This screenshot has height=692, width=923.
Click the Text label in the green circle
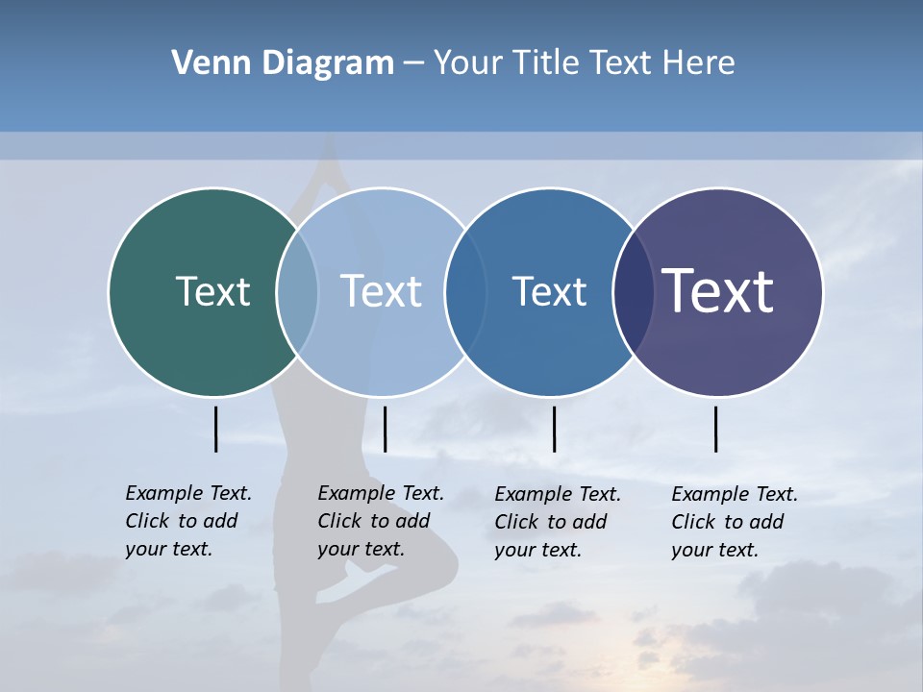[212, 291]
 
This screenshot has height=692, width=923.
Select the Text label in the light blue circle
[382, 291]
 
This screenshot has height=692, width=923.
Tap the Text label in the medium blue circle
[549, 291]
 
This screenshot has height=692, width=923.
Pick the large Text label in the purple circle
[718, 291]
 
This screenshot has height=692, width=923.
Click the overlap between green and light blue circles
[297, 291]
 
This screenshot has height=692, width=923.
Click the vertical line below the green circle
[215, 429]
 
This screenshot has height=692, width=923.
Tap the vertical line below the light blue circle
[385, 429]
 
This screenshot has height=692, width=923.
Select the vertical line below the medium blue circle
[554, 429]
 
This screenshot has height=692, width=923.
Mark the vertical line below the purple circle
[715, 429]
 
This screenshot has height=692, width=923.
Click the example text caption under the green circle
[188, 521]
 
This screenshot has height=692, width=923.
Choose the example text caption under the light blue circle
[381, 521]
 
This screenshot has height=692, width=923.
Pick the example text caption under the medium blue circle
[558, 522]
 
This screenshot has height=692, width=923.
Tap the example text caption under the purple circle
[735, 522]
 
